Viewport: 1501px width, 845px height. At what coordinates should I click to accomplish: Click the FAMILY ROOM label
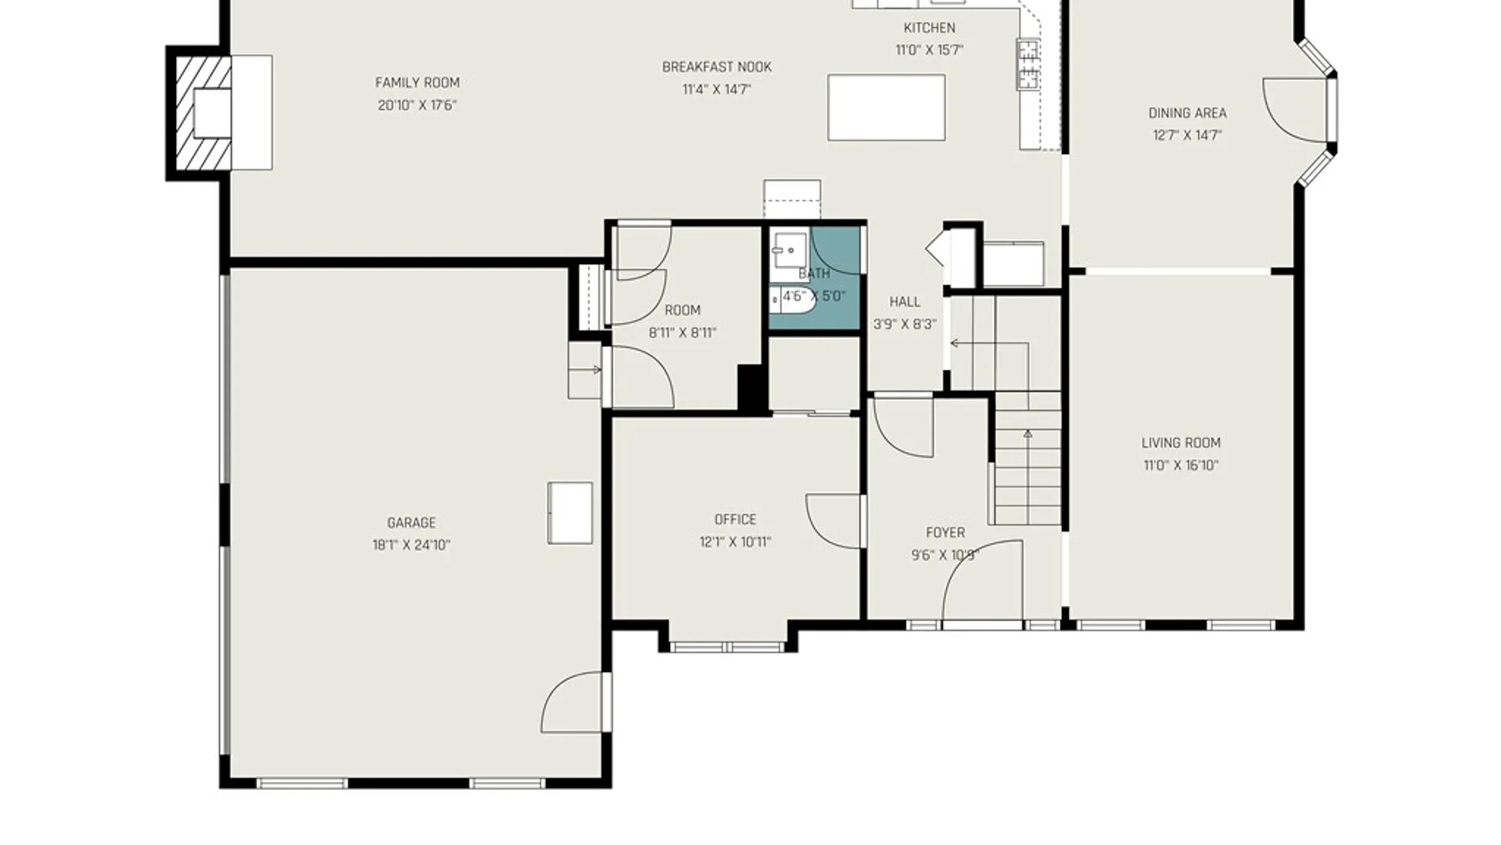click(417, 82)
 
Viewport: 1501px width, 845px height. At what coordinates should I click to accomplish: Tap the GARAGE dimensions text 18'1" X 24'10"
click(411, 545)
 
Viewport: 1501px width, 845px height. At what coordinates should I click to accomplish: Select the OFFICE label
click(735, 520)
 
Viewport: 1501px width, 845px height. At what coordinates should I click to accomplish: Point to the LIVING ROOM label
click(1180, 443)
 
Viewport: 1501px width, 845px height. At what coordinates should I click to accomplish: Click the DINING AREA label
click(1187, 113)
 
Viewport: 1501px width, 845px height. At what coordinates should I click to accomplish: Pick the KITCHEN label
click(929, 28)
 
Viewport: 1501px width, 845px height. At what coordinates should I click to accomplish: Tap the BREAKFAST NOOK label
click(717, 67)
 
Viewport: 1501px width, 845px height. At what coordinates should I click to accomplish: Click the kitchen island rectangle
click(887, 108)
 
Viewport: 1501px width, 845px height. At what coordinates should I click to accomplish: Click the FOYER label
click(945, 533)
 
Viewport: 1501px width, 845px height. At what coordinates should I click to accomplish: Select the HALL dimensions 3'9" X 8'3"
click(905, 325)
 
